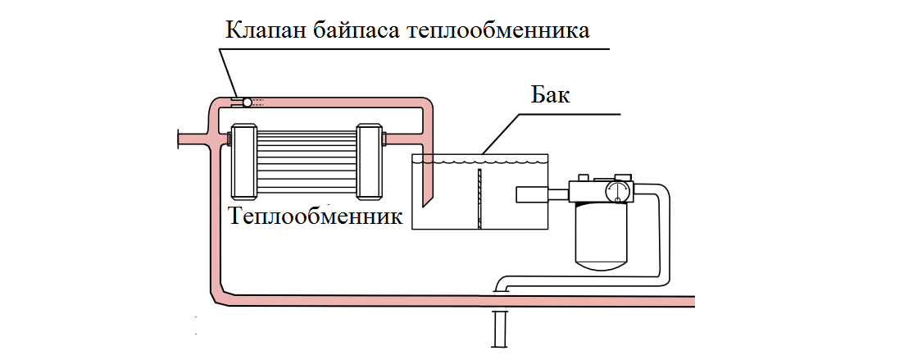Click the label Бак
(547, 94)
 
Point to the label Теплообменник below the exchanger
(316, 216)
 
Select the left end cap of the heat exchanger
(245, 162)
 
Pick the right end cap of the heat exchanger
(370, 162)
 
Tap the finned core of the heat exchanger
(307, 162)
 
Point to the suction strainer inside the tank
(534, 195)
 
